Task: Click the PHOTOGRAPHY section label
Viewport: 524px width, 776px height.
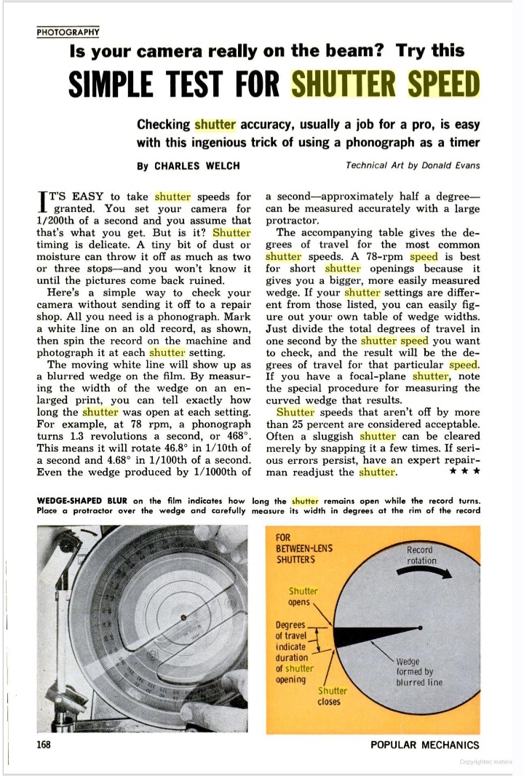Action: [x=68, y=31]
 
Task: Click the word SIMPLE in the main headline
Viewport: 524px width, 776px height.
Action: [x=116, y=85]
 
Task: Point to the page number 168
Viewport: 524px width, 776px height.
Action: [x=46, y=744]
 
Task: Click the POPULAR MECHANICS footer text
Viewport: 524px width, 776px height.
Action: [x=424, y=744]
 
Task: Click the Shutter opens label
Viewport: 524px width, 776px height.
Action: [x=303, y=596]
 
